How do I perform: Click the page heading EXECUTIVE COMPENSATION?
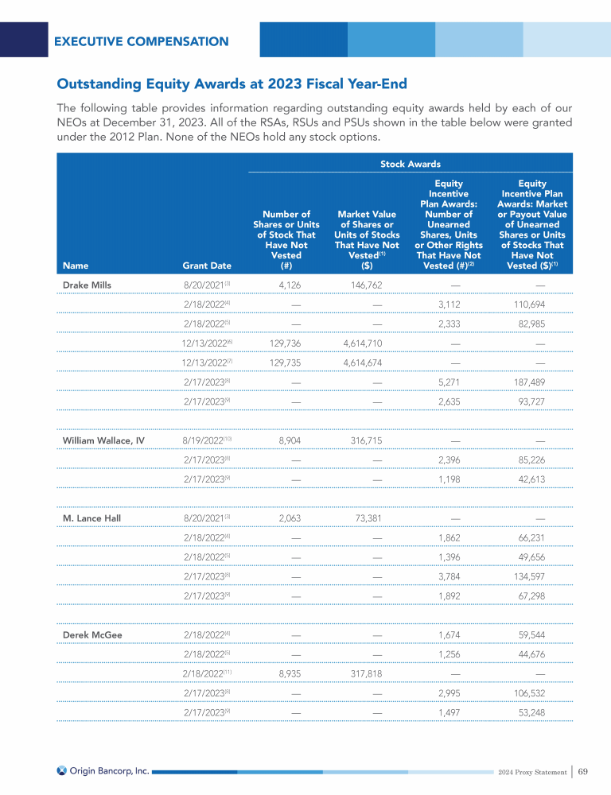[x=142, y=41]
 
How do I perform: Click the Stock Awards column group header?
[x=410, y=164]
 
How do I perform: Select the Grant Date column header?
[x=202, y=266]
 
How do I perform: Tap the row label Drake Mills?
[x=88, y=283]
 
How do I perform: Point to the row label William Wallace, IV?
[x=103, y=439]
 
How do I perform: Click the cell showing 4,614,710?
[x=367, y=342]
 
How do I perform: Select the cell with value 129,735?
[x=285, y=362]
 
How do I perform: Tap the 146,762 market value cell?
[x=367, y=283]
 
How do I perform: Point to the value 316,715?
[x=367, y=439]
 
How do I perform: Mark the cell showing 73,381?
[x=367, y=518]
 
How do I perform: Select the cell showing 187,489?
[x=530, y=382]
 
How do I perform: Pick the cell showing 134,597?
[x=530, y=576]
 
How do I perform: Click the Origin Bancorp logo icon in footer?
[x=62, y=770]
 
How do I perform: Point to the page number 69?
[x=583, y=770]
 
